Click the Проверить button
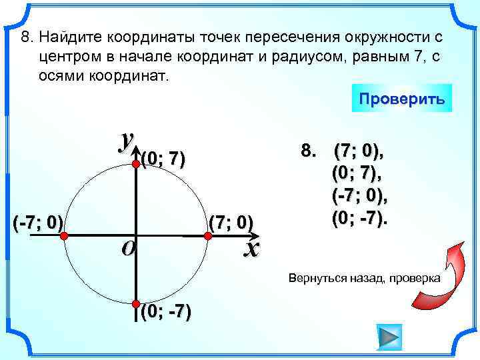click(401, 98)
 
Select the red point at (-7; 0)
click(65, 234)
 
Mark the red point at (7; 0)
click(207, 234)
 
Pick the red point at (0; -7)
click(135, 305)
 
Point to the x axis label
click(251, 249)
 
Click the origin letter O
click(128, 248)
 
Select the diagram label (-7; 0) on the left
click(37, 222)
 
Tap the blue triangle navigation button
click(389, 336)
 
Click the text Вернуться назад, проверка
click(364, 277)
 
